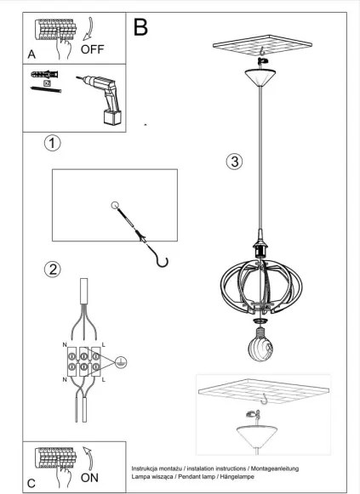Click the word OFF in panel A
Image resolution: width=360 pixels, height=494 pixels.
[x=92, y=49]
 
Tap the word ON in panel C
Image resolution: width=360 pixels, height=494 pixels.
[x=89, y=478]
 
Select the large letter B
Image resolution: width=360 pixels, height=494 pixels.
[x=140, y=26]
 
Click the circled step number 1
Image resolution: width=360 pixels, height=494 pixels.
[x=52, y=144]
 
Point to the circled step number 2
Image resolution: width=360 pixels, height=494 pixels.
[x=52, y=270]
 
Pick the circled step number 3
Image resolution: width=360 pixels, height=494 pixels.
[x=235, y=162]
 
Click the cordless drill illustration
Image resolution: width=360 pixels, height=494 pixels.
[x=101, y=99]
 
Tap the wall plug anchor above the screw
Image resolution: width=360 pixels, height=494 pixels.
[x=44, y=75]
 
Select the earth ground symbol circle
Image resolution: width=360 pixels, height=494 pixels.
[x=121, y=363]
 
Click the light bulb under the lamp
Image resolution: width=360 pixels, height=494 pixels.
[x=260, y=344]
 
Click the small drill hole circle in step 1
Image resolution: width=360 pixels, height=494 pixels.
[x=115, y=205]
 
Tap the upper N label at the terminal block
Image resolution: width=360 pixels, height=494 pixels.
[x=65, y=345]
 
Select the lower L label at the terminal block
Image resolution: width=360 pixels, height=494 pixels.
[x=104, y=379]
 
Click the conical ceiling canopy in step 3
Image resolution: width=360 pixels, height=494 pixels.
[x=260, y=78]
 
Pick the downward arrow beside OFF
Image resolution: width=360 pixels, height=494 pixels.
[x=88, y=29]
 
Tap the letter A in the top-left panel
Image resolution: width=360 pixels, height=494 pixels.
[x=31, y=54]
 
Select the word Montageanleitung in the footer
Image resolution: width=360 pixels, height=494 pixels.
[x=275, y=468]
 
